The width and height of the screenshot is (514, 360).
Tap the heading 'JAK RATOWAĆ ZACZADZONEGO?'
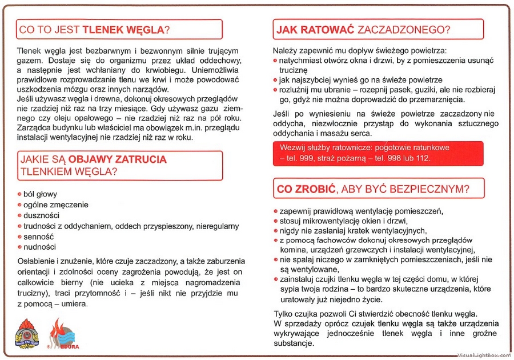(x=363, y=29)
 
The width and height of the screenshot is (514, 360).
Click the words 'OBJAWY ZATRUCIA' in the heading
(x=118, y=159)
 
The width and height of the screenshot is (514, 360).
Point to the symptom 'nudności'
(x=39, y=247)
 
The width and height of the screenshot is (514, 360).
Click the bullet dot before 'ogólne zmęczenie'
(x=19, y=205)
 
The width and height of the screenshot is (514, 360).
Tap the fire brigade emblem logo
(x=26, y=333)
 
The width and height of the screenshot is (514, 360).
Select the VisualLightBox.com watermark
(x=484, y=355)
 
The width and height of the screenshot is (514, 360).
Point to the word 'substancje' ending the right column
(x=293, y=344)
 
